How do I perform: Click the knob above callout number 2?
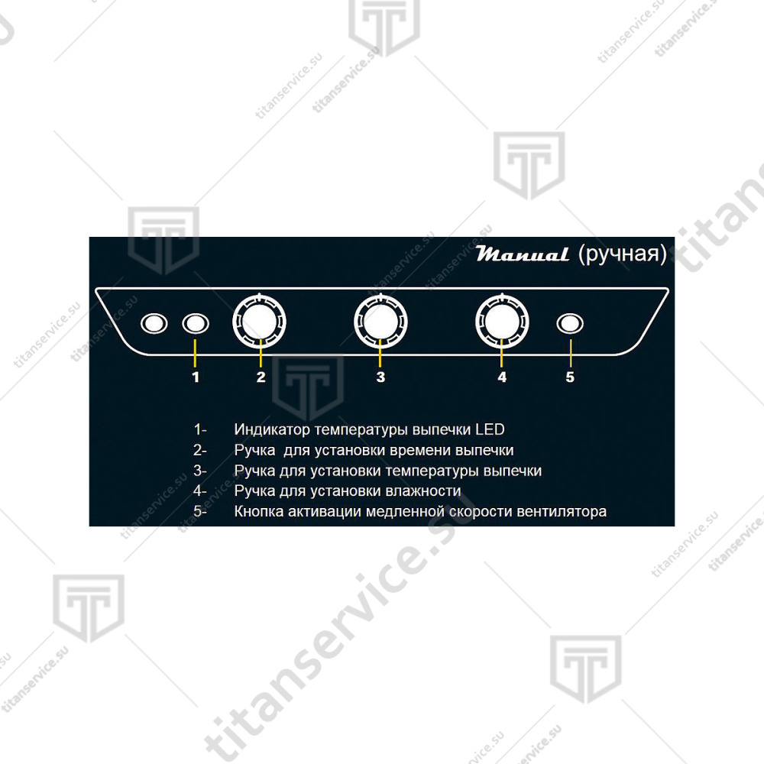coord(259,322)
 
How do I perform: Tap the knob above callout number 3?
coord(380,322)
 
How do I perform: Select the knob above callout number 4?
coord(502,322)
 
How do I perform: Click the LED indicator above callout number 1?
coord(196,323)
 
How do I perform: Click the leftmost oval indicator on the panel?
coord(154,323)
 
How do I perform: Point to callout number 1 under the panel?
coord(196,377)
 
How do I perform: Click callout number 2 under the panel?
coord(261,377)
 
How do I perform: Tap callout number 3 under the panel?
coord(381,377)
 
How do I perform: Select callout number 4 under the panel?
coord(503,377)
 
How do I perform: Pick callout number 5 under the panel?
coord(570,377)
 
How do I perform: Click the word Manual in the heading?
coord(523,254)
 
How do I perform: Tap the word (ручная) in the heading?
coord(623,254)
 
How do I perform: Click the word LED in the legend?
coord(490,429)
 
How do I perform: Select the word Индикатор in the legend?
coord(273,429)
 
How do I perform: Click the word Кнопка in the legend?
coord(259,511)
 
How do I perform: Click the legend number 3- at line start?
coord(199,471)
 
